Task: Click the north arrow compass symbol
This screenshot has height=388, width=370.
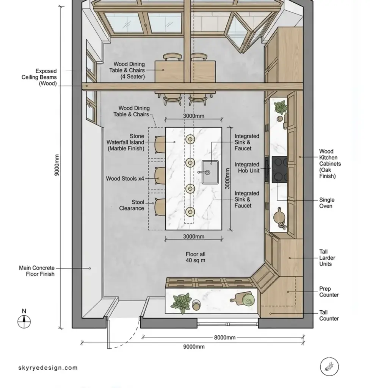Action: tap(24, 321)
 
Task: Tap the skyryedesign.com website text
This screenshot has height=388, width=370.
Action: tap(48, 368)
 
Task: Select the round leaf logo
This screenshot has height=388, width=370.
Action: tap(329, 366)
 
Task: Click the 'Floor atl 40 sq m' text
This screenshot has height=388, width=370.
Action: tap(195, 257)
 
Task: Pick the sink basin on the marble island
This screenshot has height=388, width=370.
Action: tap(210, 172)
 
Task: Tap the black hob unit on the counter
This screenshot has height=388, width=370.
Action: tap(279, 169)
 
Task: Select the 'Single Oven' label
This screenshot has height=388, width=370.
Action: tap(327, 203)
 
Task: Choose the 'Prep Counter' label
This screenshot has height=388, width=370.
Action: tap(329, 292)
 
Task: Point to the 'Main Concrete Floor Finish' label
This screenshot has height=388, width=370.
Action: tap(36, 271)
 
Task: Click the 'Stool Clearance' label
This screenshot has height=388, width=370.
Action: tap(132, 205)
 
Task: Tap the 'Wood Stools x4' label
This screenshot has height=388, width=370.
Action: tap(125, 178)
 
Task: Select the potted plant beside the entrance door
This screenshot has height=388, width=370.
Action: tap(181, 302)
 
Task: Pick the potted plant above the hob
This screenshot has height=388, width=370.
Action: tap(281, 107)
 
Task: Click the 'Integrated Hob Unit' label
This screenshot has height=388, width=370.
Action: tap(247, 167)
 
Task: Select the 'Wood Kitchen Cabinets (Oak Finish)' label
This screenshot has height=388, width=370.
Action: tap(329, 164)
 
